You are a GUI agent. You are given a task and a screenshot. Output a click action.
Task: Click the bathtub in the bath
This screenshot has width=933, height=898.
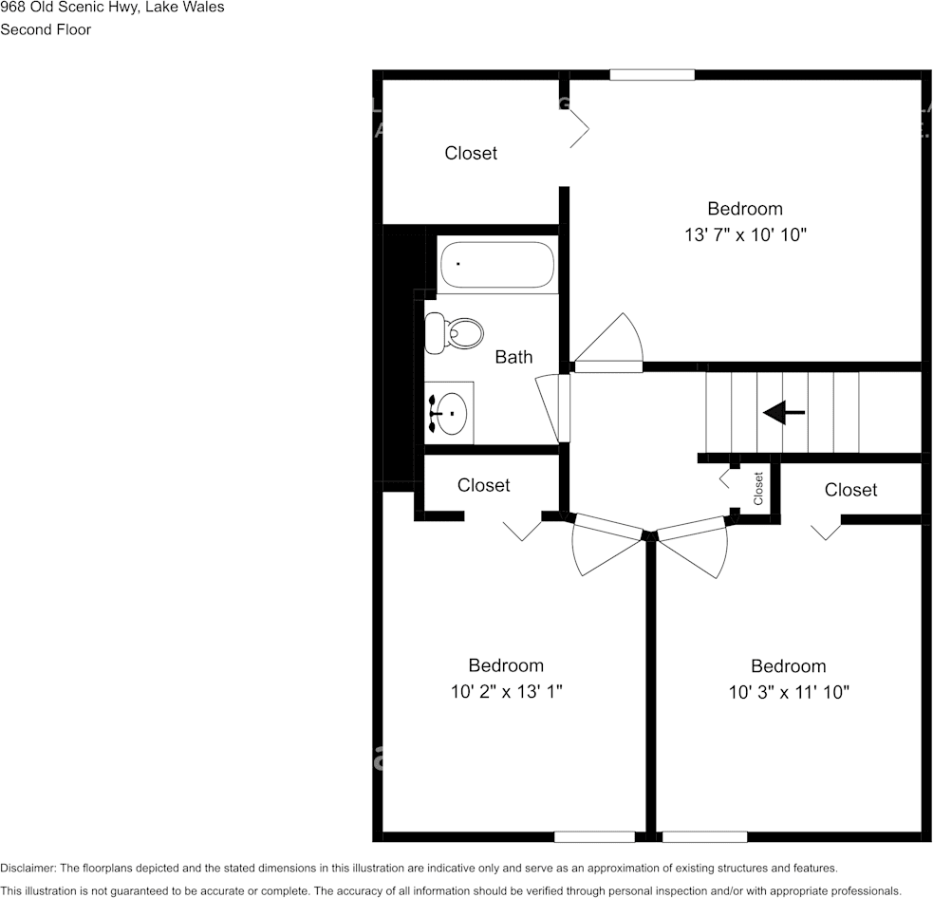497,265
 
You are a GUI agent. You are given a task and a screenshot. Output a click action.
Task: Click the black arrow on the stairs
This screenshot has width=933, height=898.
784,412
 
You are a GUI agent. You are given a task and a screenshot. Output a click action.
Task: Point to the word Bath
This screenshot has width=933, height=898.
513,358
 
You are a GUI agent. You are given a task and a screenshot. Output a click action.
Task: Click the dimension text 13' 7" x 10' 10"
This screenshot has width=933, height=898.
745,235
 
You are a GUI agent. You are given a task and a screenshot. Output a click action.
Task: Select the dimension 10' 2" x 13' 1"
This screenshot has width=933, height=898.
506,692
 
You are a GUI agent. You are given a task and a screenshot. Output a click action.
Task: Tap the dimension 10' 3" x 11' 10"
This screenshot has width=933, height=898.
788,693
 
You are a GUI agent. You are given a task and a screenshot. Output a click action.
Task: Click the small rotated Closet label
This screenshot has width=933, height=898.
758,489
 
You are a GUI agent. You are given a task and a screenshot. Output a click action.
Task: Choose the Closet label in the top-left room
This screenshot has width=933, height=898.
471,154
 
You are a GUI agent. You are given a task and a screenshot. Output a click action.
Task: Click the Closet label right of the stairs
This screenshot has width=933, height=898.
850,490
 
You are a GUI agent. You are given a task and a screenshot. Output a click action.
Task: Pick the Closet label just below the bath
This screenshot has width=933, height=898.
483,485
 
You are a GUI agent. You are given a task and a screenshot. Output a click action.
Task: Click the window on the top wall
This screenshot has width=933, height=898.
652,75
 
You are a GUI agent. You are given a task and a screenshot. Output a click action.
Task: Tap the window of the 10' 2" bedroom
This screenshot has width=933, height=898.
594,836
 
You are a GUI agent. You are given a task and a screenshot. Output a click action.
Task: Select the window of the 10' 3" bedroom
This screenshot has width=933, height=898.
702,836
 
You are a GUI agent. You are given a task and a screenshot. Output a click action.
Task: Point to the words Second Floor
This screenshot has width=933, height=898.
46,29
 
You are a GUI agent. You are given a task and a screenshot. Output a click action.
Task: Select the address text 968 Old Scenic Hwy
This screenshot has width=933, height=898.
67,7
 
